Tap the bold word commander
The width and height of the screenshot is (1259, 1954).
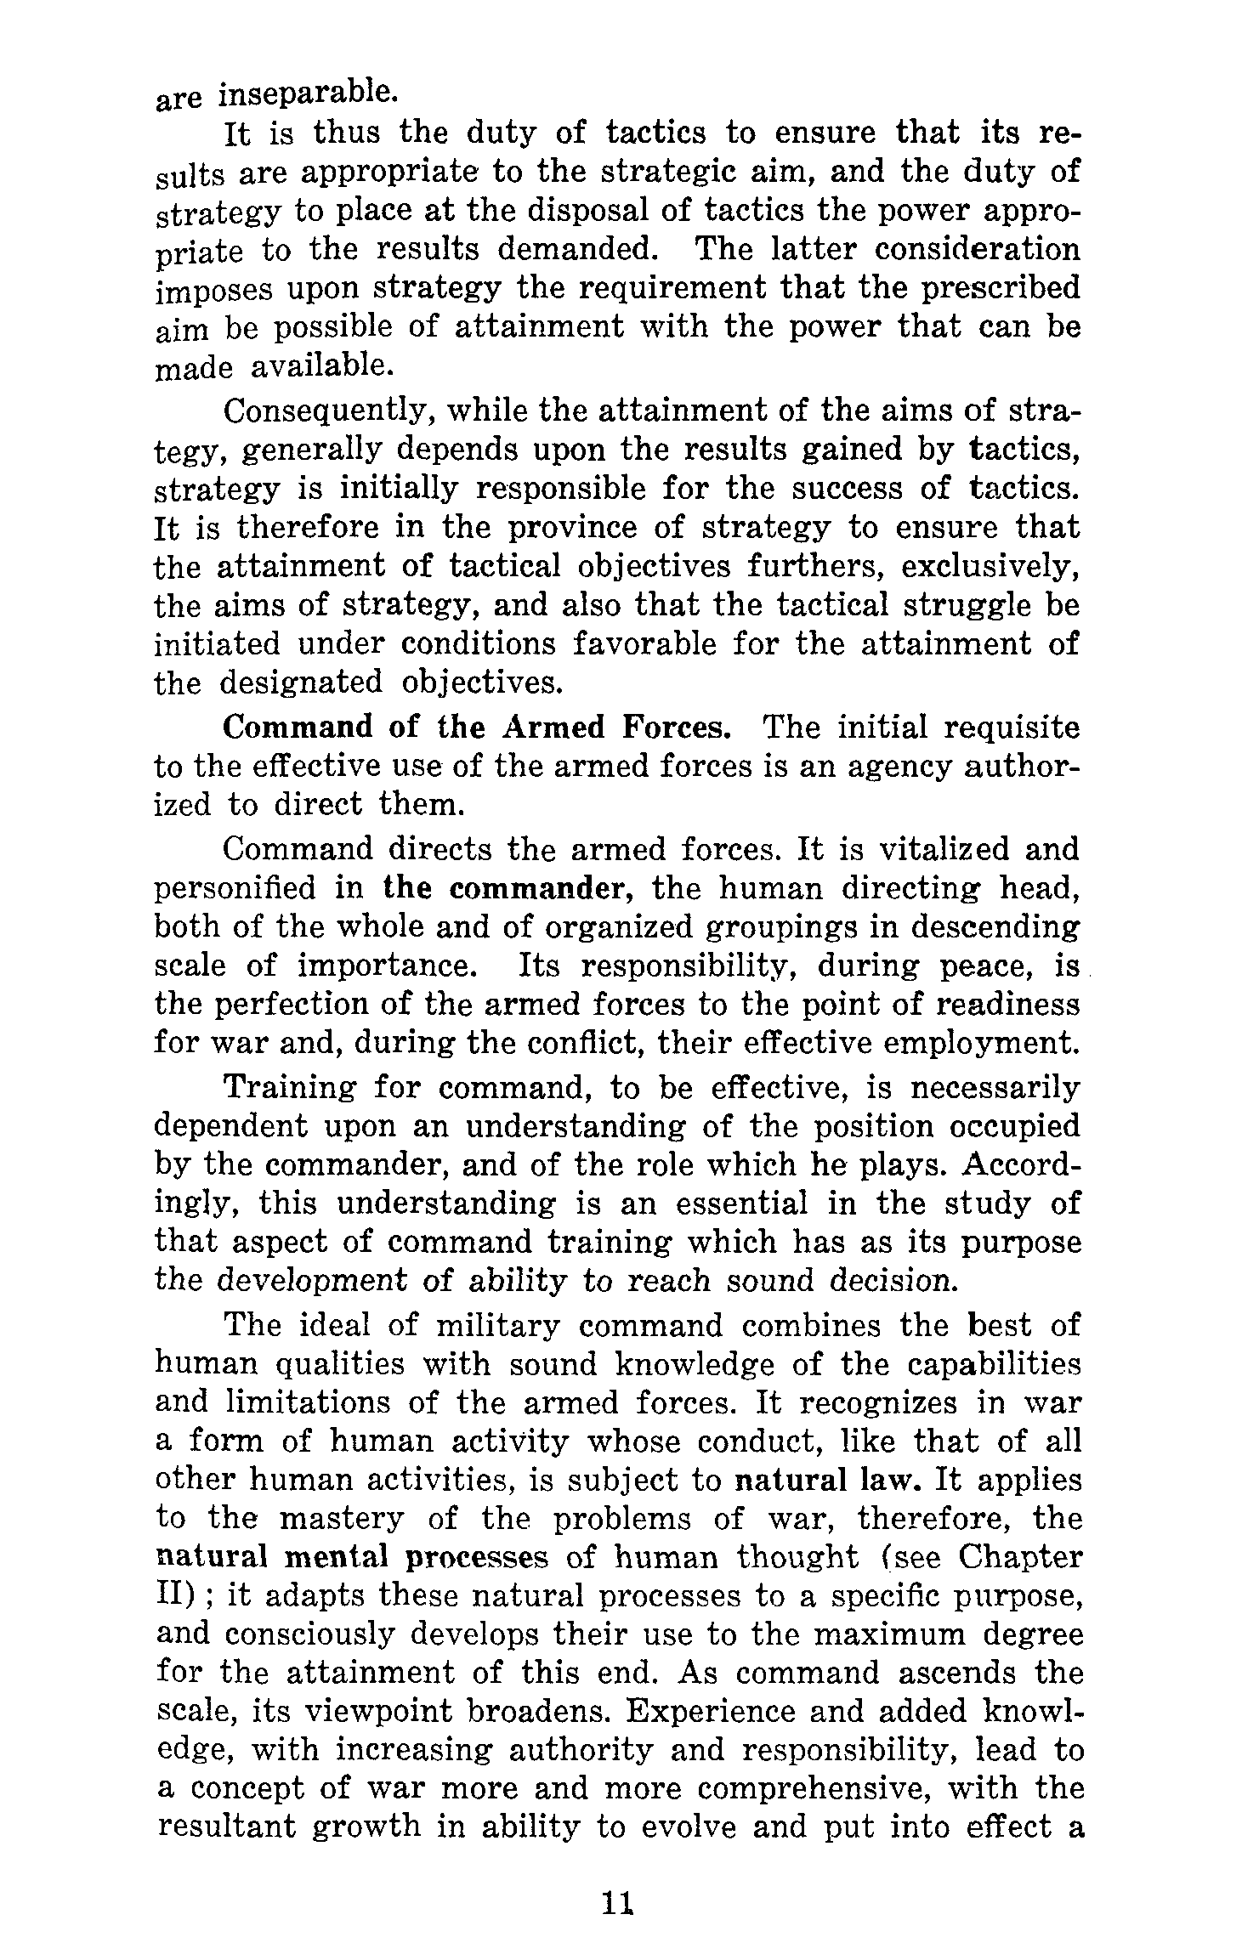click(x=544, y=888)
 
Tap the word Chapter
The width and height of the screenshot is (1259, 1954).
click(x=1020, y=1557)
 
